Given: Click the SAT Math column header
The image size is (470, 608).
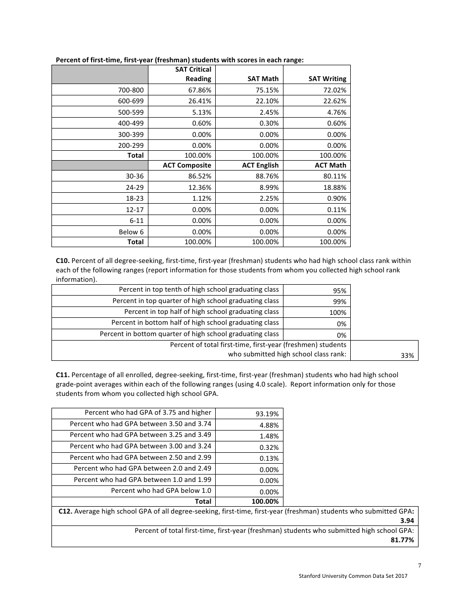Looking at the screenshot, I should point(263,79).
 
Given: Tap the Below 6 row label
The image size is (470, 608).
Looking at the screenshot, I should point(131,232).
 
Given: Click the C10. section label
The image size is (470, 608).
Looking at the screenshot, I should point(63,261).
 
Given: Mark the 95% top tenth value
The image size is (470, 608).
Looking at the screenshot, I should point(339,291).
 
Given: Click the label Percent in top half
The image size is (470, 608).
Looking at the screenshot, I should point(201,311).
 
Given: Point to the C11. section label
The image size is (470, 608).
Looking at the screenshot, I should point(63,375).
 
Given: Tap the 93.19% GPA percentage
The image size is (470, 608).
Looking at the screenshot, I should point(269,414).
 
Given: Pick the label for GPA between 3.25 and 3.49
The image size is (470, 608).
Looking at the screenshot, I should point(140,434).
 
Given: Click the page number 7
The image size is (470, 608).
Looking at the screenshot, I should point(419,566).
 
